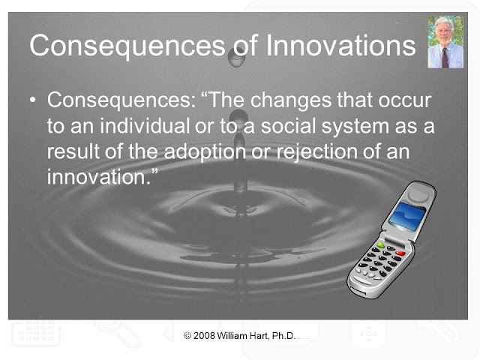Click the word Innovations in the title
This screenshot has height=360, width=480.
(340, 45)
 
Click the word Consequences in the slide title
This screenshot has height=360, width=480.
(127, 46)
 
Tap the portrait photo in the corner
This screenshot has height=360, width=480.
(445, 42)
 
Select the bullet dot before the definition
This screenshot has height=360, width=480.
(33, 100)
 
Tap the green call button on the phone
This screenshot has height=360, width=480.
(380, 245)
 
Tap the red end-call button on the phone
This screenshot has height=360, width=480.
(400, 253)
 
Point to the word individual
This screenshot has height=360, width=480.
(145, 126)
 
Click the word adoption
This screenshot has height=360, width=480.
(205, 152)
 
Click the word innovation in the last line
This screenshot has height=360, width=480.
(98, 177)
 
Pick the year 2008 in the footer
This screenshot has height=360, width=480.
(204, 336)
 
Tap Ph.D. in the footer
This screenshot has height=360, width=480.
(283, 336)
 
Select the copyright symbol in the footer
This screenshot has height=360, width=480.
(187, 336)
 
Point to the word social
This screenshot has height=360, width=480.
(289, 126)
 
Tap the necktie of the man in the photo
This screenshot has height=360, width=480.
(445, 58)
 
